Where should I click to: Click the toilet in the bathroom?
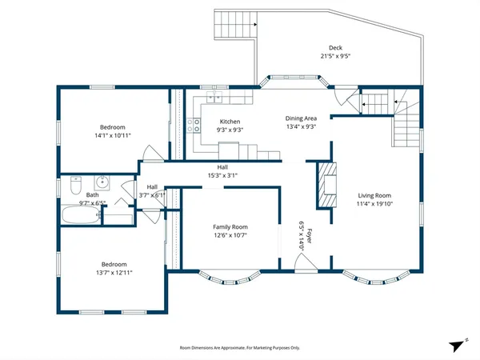pyautogui.click(x=74, y=182)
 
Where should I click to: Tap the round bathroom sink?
pyautogui.click(x=102, y=182)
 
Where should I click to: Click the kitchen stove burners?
pyautogui.click(x=194, y=124)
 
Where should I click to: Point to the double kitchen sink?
pyautogui.click(x=215, y=97)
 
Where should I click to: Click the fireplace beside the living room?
pyautogui.click(x=326, y=184)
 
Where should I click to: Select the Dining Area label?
pyautogui.click(x=301, y=118)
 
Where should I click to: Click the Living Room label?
pyautogui.click(x=374, y=194)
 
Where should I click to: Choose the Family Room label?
pyautogui.click(x=230, y=226)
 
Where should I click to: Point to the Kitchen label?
pyautogui.click(x=230, y=121)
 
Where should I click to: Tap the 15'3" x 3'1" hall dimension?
pyautogui.click(x=222, y=175)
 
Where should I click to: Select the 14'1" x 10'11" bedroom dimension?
pyautogui.click(x=113, y=136)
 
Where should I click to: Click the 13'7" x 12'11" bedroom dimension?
pyautogui.click(x=113, y=273)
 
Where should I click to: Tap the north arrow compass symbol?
pyautogui.click(x=457, y=345)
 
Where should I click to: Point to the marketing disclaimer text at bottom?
pyautogui.click(x=239, y=348)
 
